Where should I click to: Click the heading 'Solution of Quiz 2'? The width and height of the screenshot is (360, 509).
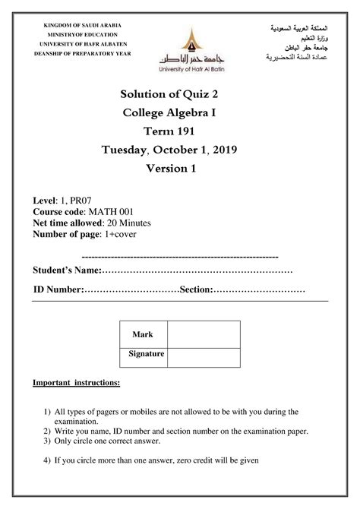(179, 93)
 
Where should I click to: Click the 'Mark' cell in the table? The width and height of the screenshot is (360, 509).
(143, 334)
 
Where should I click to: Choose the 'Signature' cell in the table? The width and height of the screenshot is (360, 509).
(143, 354)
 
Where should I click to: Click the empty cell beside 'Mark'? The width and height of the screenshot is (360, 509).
(203, 334)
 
